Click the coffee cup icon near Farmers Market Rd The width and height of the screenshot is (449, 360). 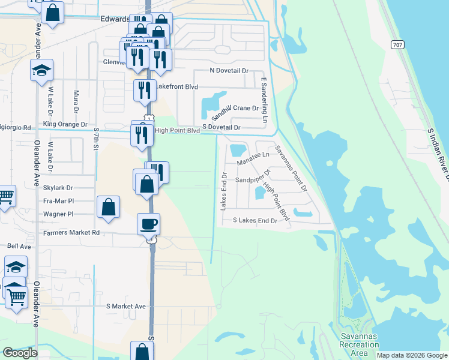tap(149, 224)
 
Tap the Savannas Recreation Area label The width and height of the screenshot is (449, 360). tap(359, 345)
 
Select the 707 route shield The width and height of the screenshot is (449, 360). tap(397, 45)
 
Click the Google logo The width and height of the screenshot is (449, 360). tap(20, 353)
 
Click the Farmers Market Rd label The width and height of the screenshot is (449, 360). tap(70, 232)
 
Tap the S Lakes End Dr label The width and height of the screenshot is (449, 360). tap(256, 221)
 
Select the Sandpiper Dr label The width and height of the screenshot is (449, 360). tap(253, 175)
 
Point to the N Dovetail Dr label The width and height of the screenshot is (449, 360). tap(229, 71)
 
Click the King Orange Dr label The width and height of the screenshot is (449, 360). tap(65, 125)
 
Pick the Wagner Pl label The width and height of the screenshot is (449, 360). tap(58, 214)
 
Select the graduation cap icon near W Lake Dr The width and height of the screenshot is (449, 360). tap(42, 70)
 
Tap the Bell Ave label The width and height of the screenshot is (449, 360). tap(19, 246)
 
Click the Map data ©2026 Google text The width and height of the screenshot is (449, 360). tap(412, 355)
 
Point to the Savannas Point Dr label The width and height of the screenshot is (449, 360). tap(291, 169)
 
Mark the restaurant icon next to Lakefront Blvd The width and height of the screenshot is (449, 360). tap(145, 90)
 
